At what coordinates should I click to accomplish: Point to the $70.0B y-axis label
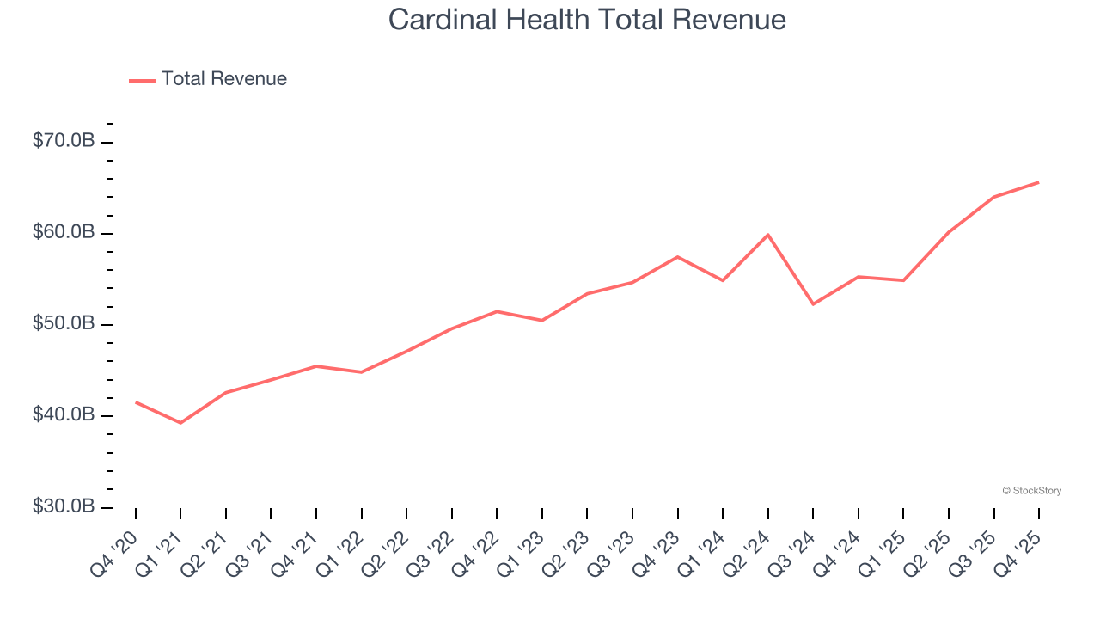coord(63,141)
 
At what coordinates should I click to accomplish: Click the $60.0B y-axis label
coord(63,233)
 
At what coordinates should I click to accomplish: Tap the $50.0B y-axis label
coord(63,324)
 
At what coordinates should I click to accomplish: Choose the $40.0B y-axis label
coord(63,415)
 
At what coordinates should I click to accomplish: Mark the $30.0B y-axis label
coord(63,506)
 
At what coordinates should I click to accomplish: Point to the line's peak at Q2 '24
coord(767,235)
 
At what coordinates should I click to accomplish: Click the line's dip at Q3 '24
coord(813,304)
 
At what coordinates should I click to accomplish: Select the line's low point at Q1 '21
coord(180,423)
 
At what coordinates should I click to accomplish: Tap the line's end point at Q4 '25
coord(1038,182)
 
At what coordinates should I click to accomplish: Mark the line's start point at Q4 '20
coord(136,401)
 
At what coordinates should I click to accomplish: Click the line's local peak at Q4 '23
coord(677,257)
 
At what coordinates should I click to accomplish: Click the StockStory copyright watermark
coord(1031,491)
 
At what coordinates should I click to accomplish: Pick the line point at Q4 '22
coord(497,311)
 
